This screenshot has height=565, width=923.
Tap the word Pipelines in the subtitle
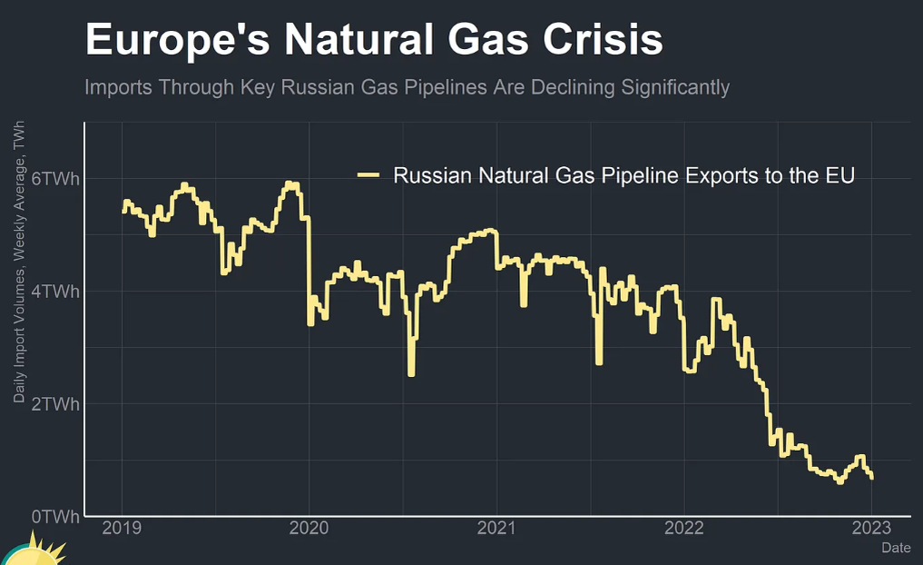[459, 87]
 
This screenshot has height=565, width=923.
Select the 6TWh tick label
[55, 179]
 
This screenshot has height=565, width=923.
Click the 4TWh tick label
[55, 292]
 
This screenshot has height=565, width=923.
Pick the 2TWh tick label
[55, 404]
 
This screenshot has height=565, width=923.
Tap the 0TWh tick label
[55, 517]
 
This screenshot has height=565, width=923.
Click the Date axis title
[896, 548]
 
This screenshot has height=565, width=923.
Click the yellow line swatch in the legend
[368, 175]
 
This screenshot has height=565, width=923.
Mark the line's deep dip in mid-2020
[411, 368]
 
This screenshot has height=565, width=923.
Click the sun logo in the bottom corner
[32, 552]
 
